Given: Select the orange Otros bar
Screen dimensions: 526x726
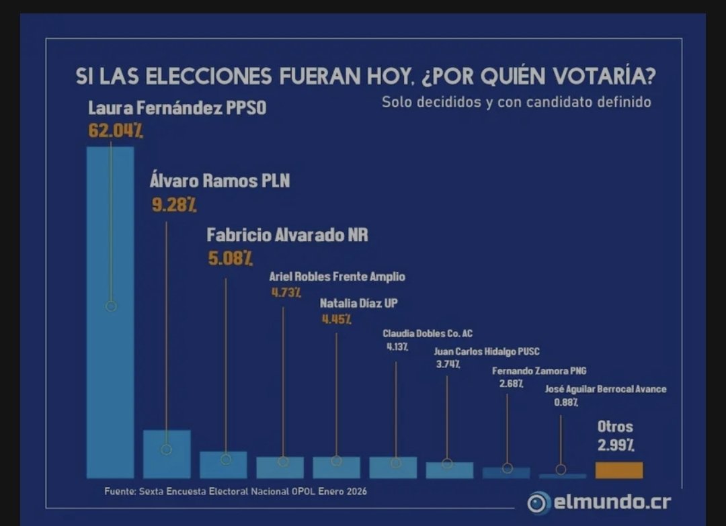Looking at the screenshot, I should (x=619, y=470).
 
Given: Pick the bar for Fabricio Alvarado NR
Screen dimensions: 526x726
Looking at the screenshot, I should (x=223, y=465).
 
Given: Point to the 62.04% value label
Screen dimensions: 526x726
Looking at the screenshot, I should (x=115, y=130).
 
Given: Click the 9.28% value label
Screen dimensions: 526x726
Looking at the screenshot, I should (x=173, y=205).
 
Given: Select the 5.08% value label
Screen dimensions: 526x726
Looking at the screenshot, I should (x=230, y=258).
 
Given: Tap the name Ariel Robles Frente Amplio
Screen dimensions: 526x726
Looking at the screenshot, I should (x=337, y=277).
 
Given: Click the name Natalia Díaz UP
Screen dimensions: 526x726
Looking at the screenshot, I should (x=358, y=303).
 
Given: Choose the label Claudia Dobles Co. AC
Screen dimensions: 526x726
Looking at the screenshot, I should (x=428, y=334).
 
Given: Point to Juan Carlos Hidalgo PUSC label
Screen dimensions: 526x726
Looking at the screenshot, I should (x=487, y=351).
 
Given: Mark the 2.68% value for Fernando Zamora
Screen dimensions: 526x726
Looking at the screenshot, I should (x=511, y=384).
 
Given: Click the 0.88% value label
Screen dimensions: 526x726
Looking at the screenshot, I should (x=565, y=402).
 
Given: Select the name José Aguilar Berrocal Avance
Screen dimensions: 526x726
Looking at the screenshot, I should (x=606, y=389).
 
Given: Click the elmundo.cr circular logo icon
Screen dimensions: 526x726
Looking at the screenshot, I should (x=538, y=502).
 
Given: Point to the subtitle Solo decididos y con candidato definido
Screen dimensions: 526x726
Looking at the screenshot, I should (x=516, y=103).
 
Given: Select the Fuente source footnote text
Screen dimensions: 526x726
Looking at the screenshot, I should (x=235, y=491).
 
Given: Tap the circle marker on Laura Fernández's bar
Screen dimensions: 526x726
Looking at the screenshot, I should (x=112, y=306).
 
